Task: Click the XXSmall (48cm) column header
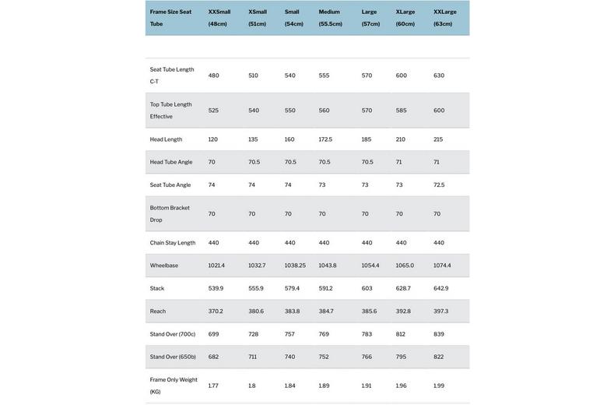point(219,18)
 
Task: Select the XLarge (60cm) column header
point(405,18)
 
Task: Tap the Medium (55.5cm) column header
point(330,18)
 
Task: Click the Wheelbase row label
point(164,266)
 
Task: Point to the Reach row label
point(158,312)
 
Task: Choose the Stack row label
point(157,289)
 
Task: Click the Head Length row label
point(166,139)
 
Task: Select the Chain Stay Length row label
point(173,243)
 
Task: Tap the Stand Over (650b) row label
point(173,357)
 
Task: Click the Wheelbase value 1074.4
point(442,266)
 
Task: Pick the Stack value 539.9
point(216,289)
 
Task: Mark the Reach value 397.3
point(441,312)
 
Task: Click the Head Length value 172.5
point(325,139)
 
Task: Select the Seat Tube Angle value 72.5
point(439,185)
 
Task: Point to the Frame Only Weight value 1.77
point(213,386)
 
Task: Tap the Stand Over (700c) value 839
point(439,335)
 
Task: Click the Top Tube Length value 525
point(213,111)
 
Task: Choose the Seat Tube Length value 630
point(439,76)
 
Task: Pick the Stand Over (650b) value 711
point(252,357)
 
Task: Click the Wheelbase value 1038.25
point(295,266)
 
